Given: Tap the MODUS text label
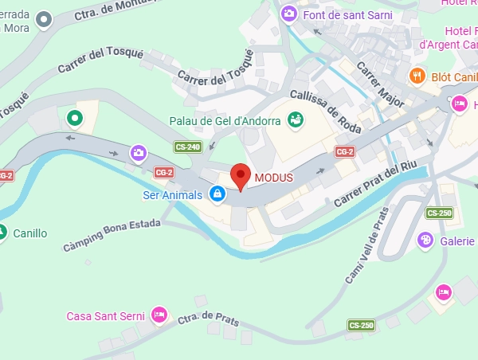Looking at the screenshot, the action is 274,177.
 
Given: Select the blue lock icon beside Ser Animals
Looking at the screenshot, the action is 217,193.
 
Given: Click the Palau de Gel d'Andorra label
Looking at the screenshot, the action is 225,122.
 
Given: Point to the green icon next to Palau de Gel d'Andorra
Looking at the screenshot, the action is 296,121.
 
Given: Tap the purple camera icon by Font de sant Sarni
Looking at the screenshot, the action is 289,13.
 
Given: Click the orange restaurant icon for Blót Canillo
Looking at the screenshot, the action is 417,76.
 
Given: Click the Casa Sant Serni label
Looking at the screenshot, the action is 105,316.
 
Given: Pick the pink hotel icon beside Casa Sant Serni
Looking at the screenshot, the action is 159,315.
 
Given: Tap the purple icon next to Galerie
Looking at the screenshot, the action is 426,241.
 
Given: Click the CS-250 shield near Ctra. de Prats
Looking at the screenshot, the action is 361,325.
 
